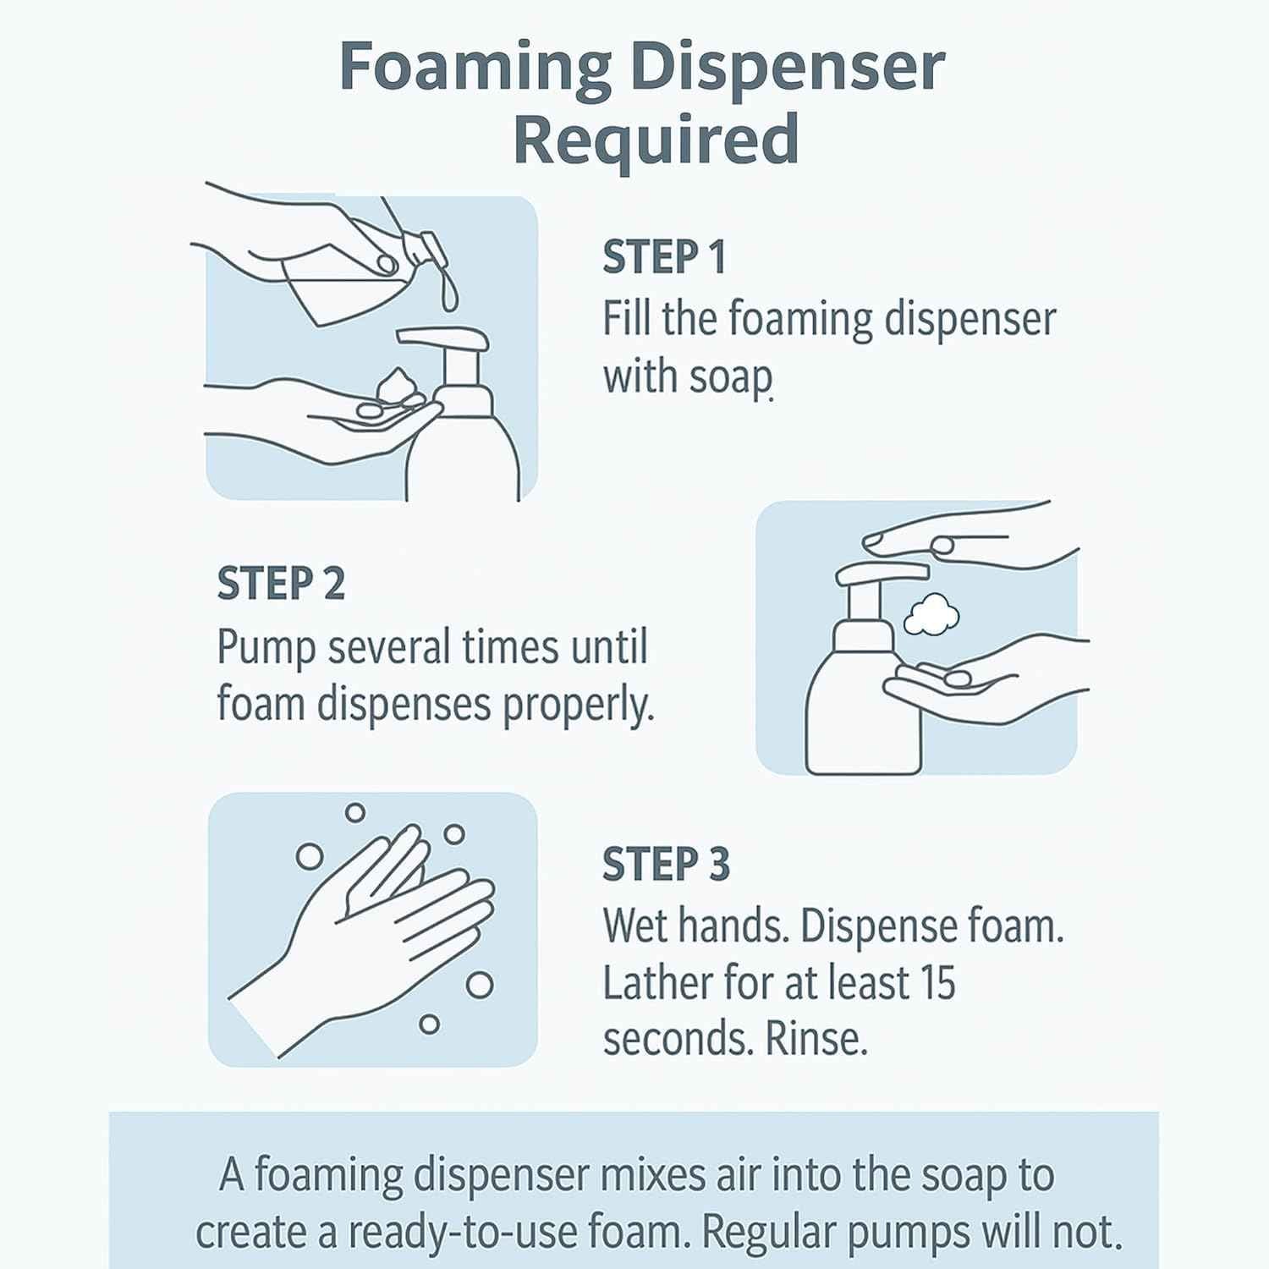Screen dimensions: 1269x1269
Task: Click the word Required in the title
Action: (x=656, y=140)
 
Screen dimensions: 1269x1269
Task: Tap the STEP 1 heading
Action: (x=664, y=257)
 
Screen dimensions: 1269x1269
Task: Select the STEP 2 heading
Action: (x=281, y=584)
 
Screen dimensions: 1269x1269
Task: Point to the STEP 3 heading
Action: (x=666, y=865)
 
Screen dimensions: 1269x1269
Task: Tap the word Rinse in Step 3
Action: (x=816, y=1040)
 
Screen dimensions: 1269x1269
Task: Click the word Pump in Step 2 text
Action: (x=266, y=649)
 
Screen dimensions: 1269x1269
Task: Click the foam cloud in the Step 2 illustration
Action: (x=931, y=615)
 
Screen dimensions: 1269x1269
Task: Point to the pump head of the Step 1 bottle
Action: (x=444, y=338)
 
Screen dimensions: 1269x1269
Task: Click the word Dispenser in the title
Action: (x=787, y=68)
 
